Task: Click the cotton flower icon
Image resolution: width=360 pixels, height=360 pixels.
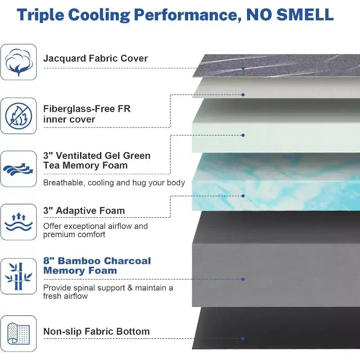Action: coord(18,62)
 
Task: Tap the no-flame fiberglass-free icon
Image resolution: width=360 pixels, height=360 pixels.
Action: coord(18,116)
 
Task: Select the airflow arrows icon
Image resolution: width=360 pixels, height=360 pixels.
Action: coord(18,169)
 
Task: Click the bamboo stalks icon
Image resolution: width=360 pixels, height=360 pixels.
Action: coord(18,276)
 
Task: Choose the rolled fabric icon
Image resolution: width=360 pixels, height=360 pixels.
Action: coord(18,333)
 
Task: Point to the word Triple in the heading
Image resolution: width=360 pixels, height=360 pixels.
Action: coord(40,15)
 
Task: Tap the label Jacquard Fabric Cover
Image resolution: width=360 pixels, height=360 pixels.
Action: coord(95,58)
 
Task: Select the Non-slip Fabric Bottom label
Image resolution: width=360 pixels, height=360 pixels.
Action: coord(96,332)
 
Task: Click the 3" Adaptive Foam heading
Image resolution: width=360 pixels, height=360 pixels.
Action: coord(84,211)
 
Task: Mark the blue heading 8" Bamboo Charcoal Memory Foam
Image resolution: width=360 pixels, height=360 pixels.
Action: coord(97,265)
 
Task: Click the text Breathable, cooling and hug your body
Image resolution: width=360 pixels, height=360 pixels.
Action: coord(114,183)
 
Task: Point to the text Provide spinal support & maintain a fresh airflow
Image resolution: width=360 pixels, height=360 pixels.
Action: coord(108,292)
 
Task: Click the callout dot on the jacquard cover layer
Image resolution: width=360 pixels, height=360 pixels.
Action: coord(243,68)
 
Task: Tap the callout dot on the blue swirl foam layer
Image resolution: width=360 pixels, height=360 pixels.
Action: coord(243,196)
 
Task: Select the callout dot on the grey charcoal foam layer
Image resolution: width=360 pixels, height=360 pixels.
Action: coord(243,279)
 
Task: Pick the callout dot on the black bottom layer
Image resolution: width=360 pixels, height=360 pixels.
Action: coord(243,339)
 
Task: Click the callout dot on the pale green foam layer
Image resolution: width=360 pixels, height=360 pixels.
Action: coord(243,135)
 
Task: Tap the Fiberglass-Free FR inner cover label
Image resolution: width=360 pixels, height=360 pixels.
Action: coord(87,114)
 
